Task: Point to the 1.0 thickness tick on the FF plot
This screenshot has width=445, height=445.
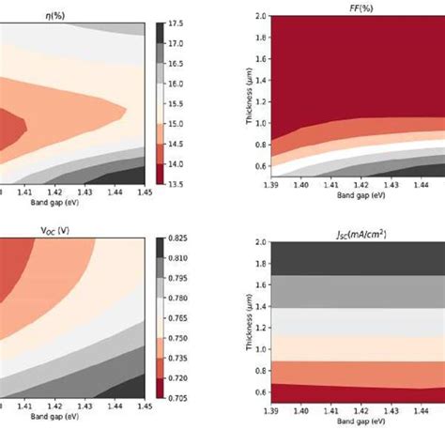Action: [x=259, y=122]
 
